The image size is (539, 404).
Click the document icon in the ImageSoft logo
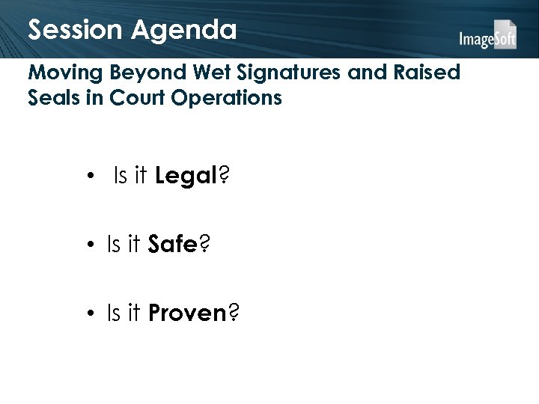(x=507, y=33)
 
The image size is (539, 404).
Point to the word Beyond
(x=138, y=74)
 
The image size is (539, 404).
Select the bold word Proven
(x=187, y=313)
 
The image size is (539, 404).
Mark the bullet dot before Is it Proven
(x=89, y=314)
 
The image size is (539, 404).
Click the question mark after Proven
(x=234, y=313)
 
